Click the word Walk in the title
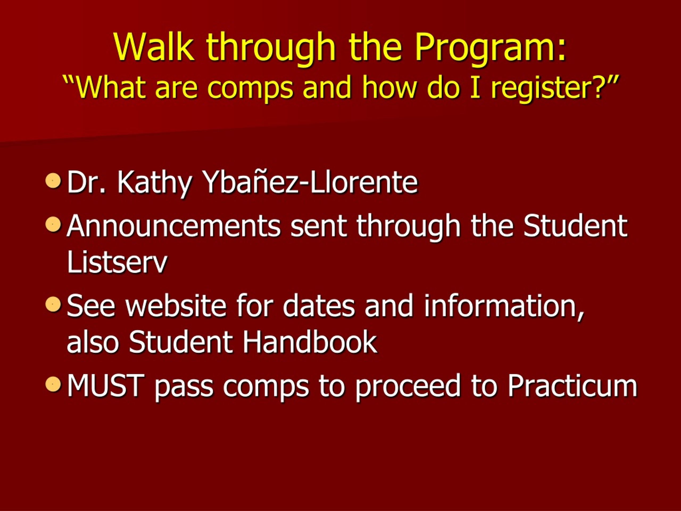pyautogui.click(x=154, y=47)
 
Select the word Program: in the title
pyautogui.click(x=491, y=49)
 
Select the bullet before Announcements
pyautogui.click(x=53, y=224)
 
